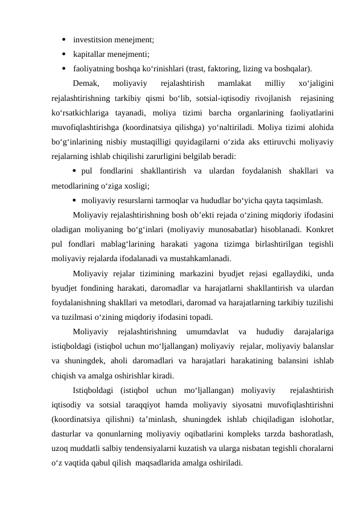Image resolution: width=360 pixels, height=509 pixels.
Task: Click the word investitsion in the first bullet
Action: point(92,40)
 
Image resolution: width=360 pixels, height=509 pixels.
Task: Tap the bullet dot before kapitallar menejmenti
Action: point(63,54)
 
